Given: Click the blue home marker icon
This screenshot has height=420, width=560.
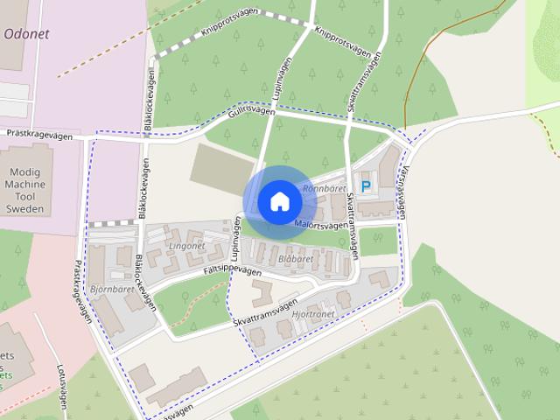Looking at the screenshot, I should click(279, 202).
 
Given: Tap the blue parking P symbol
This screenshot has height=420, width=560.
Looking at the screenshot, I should click(366, 186).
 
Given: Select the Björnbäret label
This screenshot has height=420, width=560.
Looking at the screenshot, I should click(111, 288).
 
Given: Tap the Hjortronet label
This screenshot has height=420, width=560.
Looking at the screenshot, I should click(315, 313).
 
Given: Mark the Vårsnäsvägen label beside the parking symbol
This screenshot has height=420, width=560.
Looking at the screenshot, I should click(403, 192).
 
